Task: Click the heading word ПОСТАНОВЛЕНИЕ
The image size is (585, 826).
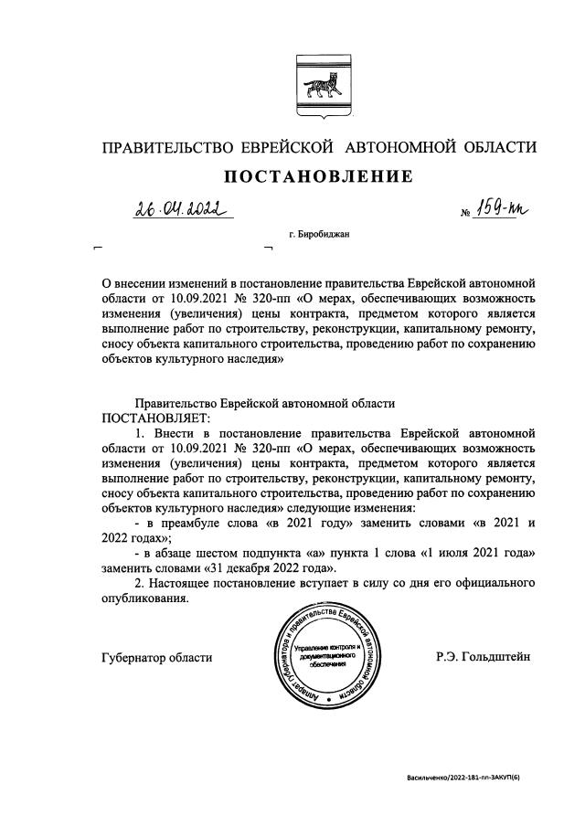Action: click(x=319, y=175)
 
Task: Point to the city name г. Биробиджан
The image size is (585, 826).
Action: click(x=318, y=235)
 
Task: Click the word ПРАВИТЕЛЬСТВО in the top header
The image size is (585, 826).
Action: click(x=174, y=147)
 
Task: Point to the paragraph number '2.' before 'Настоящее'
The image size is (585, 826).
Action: click(x=140, y=583)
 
